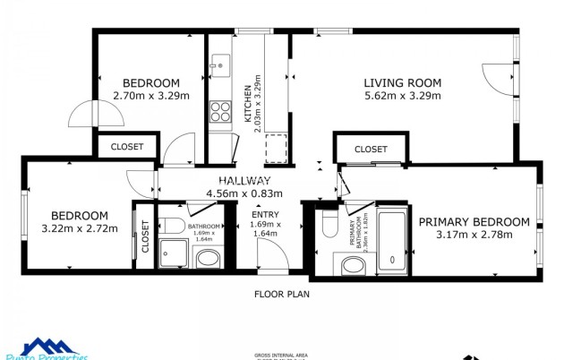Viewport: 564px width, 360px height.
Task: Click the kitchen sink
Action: click(219, 64)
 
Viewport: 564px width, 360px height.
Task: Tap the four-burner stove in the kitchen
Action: click(219, 111)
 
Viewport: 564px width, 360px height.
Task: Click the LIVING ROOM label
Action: click(402, 83)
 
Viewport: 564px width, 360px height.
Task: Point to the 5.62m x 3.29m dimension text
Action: click(402, 96)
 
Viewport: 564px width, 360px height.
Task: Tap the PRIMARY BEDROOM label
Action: click(474, 222)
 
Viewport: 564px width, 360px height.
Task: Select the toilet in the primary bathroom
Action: click(329, 221)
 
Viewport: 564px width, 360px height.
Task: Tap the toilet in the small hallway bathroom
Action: click(173, 224)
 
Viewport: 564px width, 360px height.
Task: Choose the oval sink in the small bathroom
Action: click(208, 260)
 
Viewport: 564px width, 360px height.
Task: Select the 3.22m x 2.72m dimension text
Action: click(79, 228)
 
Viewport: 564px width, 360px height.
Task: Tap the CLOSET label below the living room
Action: click(371, 149)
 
